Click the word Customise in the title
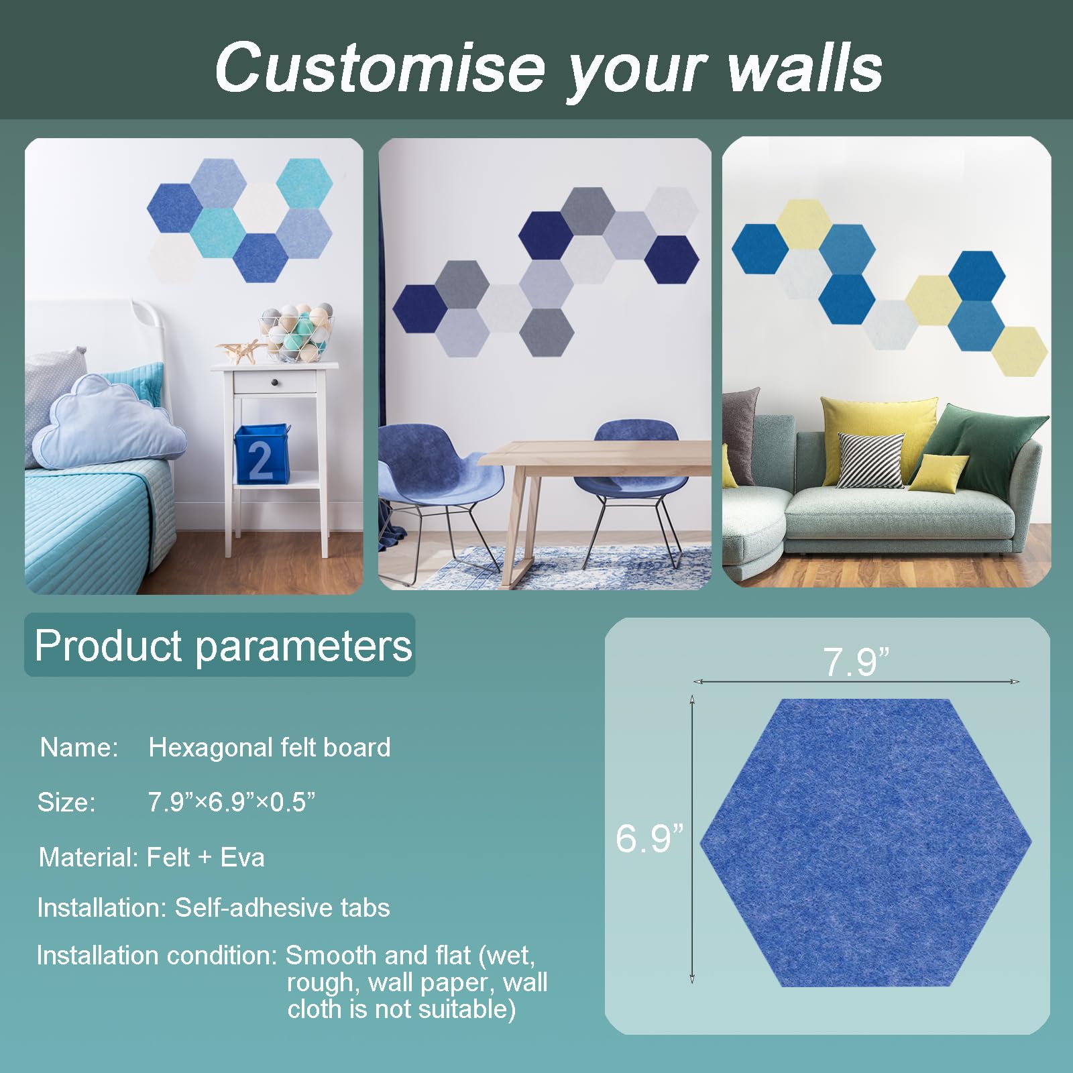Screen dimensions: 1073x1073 click(380, 67)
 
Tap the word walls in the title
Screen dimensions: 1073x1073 click(805, 67)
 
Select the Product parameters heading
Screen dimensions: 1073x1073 click(223, 645)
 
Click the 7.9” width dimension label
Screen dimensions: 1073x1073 click(856, 662)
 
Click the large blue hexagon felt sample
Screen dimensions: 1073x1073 click(866, 842)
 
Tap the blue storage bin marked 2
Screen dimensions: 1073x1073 click(262, 454)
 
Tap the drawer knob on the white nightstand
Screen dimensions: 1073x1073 click(276, 382)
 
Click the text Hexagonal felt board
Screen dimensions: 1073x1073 click(270, 747)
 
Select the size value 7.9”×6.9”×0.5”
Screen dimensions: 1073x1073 click(231, 802)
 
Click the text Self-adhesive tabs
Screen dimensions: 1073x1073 click(282, 907)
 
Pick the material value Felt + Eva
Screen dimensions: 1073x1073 click(205, 857)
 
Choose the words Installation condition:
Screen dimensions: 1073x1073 click(157, 955)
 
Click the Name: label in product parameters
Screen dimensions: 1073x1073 click(79, 747)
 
